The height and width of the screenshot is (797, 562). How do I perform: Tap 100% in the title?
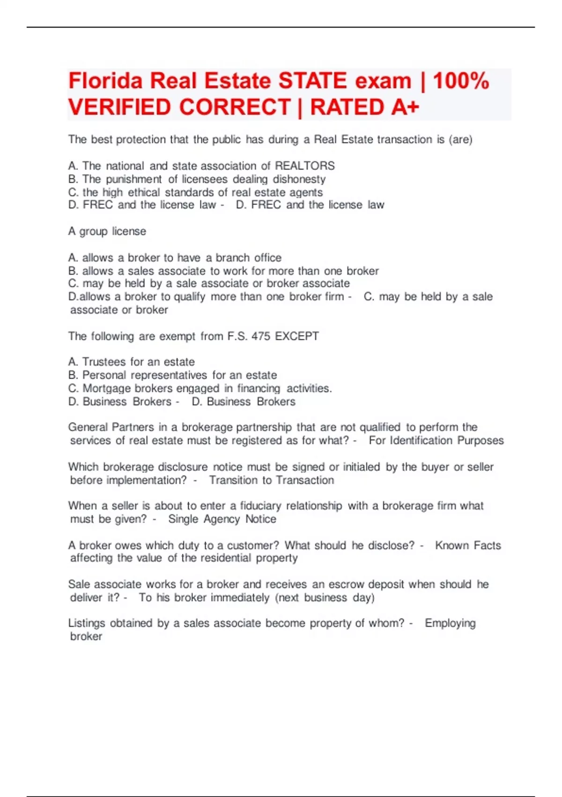(461, 81)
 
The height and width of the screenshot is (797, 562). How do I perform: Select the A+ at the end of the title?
(405, 107)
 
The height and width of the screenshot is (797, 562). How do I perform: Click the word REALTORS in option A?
(304, 166)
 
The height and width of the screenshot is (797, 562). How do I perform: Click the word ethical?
(144, 192)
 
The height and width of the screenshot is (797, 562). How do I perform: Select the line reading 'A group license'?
(107, 231)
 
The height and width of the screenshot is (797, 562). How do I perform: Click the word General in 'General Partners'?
(88, 427)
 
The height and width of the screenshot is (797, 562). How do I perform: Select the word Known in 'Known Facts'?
(452, 545)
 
